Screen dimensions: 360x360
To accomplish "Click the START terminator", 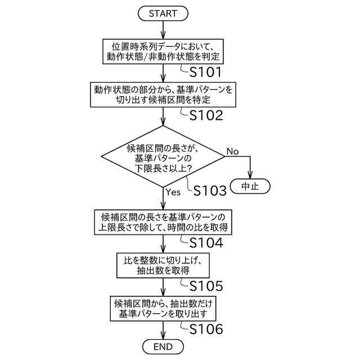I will pyautogui.click(x=163, y=13).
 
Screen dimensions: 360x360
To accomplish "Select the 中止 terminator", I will pyautogui.click(x=250, y=186).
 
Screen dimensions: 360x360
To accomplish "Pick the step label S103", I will pyautogui.click(x=210, y=191).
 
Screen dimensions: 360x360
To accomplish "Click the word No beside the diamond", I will pyautogui.click(x=233, y=152).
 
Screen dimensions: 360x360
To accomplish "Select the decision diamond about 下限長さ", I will pyautogui.click(x=163, y=157).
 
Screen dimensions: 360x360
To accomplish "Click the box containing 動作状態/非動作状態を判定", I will pyautogui.click(x=163, y=52).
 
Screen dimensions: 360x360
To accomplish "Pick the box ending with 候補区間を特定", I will pyautogui.click(x=163, y=95).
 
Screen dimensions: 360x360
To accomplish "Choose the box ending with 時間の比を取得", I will pyautogui.click(x=163, y=222).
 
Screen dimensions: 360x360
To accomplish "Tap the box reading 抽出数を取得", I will pyautogui.click(x=163, y=265).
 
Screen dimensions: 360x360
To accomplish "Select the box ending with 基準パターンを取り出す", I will pyautogui.click(x=163, y=308).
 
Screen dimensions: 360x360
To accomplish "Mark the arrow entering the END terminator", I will pyautogui.click(x=163, y=332).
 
